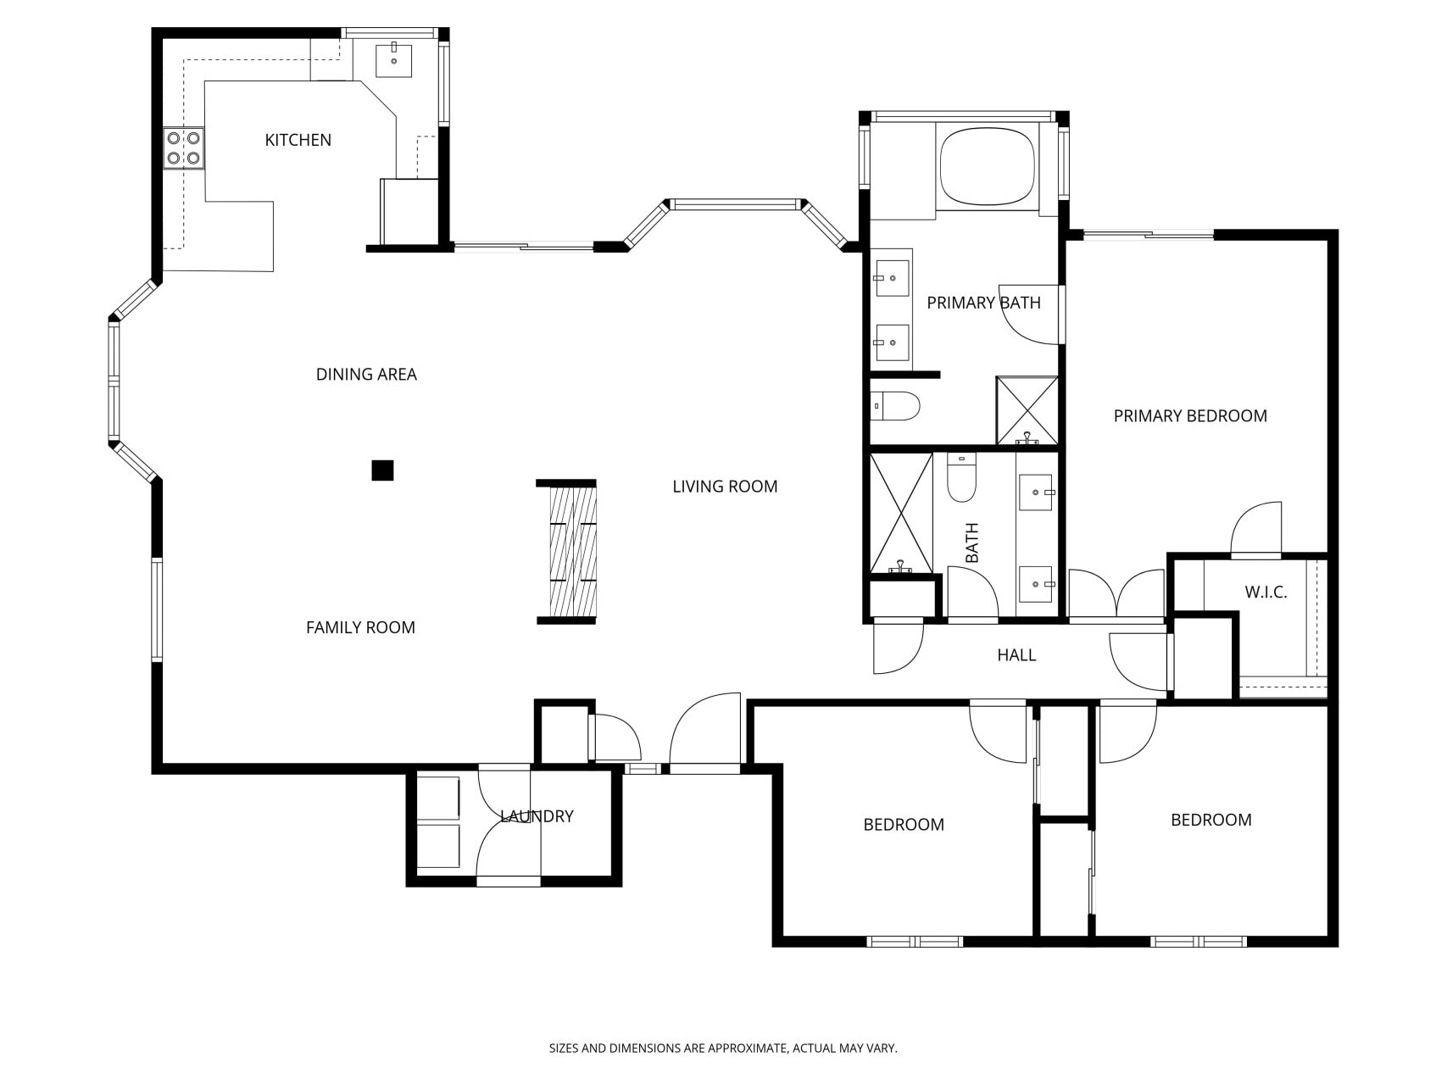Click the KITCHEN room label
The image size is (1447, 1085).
click(298, 140)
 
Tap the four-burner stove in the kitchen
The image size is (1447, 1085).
click(183, 147)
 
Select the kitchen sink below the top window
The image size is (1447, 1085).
click(394, 60)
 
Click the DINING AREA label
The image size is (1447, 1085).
click(366, 375)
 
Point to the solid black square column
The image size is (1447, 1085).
click(382, 470)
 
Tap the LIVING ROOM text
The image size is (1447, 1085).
click(725, 487)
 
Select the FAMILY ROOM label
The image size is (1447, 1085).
click(360, 628)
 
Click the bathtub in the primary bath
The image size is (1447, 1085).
click(987, 166)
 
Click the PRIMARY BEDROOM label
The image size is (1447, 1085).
click(1190, 416)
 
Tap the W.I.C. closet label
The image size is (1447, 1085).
click(1266, 593)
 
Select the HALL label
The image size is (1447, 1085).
click(1016, 655)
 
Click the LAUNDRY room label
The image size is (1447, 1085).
click(537, 816)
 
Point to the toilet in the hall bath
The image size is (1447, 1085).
click(961, 480)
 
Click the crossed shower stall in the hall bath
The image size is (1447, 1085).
click(901, 514)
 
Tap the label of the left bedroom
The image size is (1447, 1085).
click(904, 825)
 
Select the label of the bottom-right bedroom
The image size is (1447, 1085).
click(1210, 820)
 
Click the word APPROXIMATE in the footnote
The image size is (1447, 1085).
click(747, 1049)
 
